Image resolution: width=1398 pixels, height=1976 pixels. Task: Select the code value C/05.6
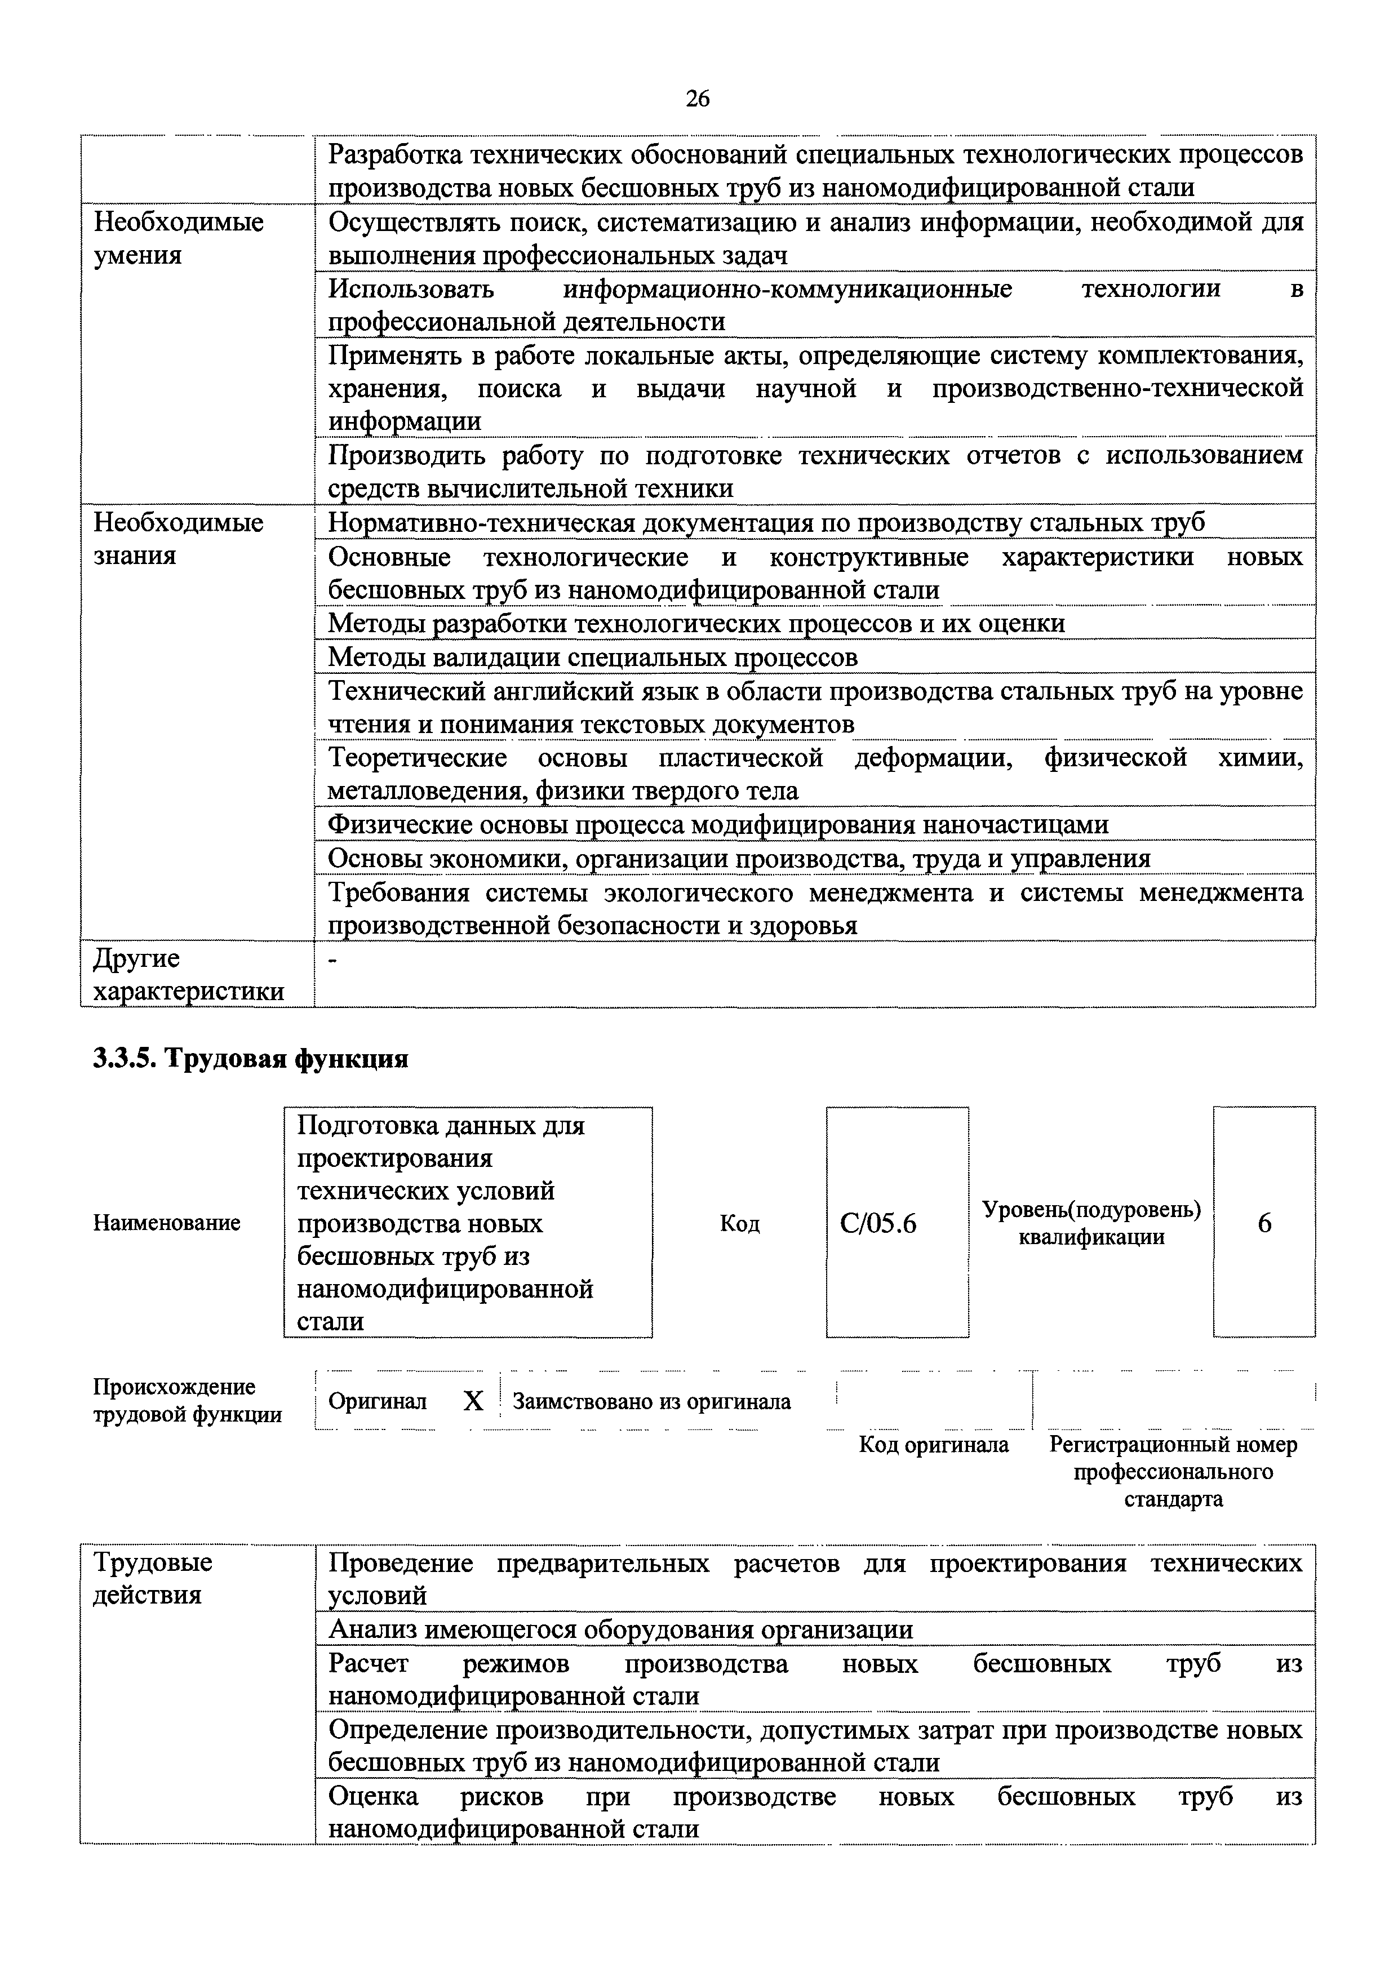coord(878,1223)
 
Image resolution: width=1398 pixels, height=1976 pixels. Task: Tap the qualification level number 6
coord(1264,1223)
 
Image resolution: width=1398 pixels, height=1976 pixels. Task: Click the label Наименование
coord(167,1223)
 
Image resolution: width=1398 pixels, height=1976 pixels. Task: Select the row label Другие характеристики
coord(188,974)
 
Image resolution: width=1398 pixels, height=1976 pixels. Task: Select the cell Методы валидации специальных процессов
coord(593,658)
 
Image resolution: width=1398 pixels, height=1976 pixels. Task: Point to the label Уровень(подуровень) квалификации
coord(1091,1223)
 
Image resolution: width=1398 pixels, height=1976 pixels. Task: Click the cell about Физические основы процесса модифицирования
coord(718,824)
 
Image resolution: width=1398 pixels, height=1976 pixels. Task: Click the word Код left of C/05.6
coord(739,1223)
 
